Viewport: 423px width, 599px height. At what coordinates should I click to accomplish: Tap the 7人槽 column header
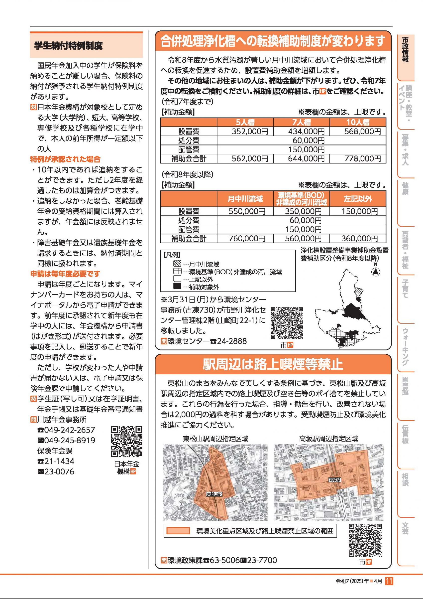tap(301, 122)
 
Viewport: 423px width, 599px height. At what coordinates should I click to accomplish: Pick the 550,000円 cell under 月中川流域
tap(247, 211)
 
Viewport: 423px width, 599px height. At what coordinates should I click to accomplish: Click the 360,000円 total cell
tap(359, 238)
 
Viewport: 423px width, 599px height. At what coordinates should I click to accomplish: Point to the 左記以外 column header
tap(358, 199)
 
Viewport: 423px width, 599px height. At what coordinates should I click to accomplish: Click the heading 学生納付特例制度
tap(69, 46)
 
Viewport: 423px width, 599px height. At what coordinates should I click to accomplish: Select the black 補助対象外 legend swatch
tap(177, 287)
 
